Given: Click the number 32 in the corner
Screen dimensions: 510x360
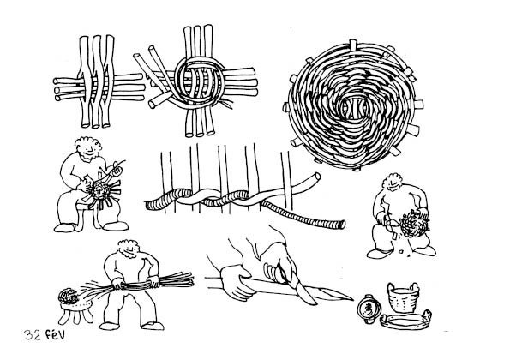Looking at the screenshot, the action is coord(32,334).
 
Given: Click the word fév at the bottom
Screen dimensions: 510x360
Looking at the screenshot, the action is coord(55,334).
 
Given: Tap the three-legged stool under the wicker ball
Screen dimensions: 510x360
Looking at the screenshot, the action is coord(75,311).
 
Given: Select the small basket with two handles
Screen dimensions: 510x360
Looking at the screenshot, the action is coord(403,297).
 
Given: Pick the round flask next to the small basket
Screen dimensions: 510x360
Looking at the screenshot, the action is coord(369,309).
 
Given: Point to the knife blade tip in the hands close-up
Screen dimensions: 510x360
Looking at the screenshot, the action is coord(352,299).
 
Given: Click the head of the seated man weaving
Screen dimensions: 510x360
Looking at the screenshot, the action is coord(87,148).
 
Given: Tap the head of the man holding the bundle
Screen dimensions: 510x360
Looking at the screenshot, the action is coord(129,249).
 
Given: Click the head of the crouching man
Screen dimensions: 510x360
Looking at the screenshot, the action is coord(393,183).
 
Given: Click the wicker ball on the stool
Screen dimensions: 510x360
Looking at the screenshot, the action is coord(69,296).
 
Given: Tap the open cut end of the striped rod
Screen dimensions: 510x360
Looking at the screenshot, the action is coord(342,225).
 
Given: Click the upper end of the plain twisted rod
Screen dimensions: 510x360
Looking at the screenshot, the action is coord(317,177).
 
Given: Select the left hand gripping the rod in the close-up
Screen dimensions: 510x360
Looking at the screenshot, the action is coord(237,282).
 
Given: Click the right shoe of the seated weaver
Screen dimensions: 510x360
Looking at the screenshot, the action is coord(115,226).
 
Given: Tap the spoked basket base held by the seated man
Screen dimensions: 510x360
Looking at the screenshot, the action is coord(101,191).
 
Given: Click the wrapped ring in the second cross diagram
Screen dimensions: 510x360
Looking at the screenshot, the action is coord(200,81).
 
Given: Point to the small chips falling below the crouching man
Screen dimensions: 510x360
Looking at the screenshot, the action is coord(405,253).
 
